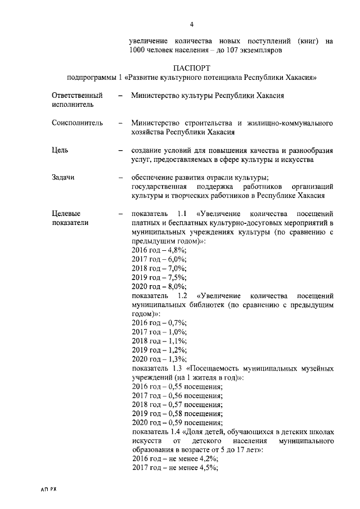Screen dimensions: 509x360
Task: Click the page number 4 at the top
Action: [192, 24]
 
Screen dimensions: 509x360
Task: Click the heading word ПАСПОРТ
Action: [191, 67]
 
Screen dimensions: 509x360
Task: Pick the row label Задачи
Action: [63, 178]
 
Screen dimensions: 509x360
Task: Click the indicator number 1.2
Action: [182, 295]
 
